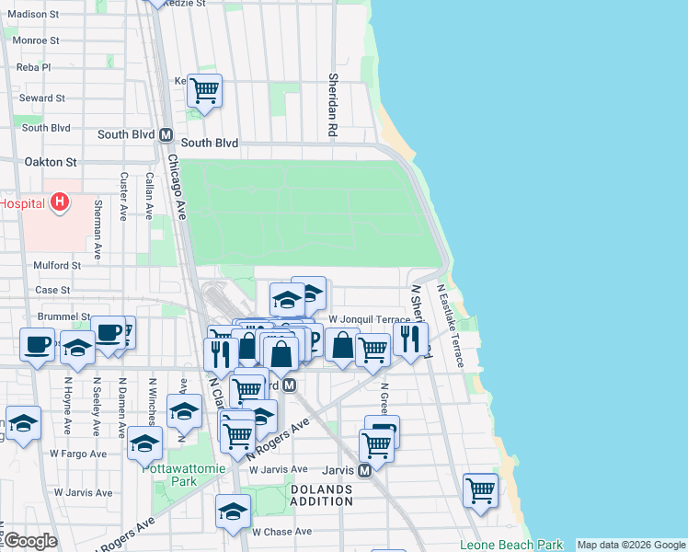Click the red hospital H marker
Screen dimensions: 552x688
60,201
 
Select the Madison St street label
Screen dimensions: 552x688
33,15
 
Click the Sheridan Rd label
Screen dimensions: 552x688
333,103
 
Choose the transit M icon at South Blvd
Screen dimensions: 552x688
166,134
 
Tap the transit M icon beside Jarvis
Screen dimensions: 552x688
364,470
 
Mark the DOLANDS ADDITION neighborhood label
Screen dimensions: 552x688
322,495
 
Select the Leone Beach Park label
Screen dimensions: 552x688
510,545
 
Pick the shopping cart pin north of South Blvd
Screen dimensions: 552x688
204,90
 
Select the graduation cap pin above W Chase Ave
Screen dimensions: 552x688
233,512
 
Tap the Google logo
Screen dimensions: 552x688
29,541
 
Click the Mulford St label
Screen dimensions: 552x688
58,265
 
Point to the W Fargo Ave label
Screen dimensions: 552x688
81,454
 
